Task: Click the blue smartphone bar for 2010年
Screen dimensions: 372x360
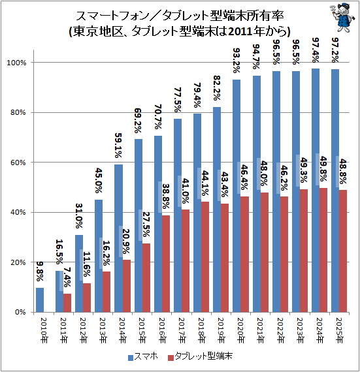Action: [40, 300]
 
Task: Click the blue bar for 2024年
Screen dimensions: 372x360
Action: [316, 190]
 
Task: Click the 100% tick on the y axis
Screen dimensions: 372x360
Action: [16, 62]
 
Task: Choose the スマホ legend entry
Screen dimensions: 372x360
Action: [144, 358]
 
